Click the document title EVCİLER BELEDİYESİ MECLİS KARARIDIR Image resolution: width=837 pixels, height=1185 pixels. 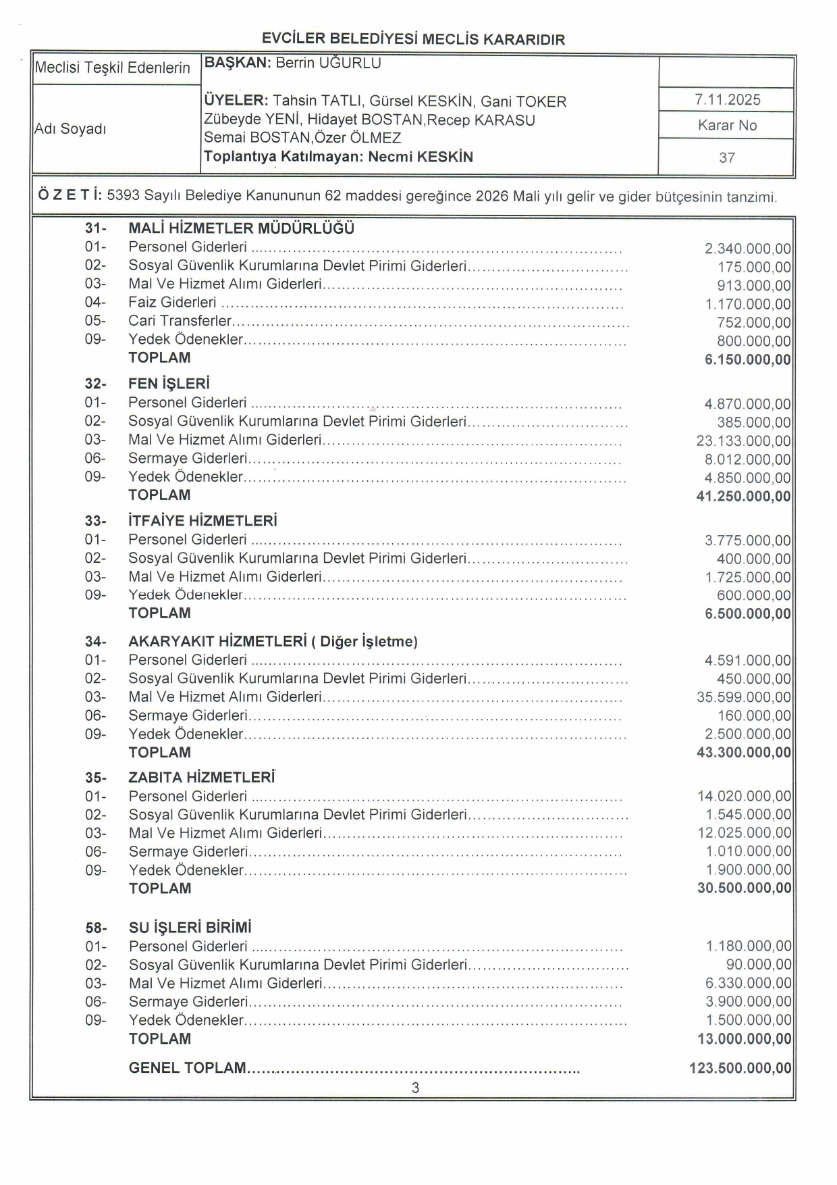pyautogui.click(x=413, y=39)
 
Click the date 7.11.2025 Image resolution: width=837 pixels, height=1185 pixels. pyautogui.click(x=727, y=100)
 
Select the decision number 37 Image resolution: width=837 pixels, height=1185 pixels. pyautogui.click(x=727, y=157)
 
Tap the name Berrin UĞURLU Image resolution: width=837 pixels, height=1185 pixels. pyautogui.click(x=328, y=64)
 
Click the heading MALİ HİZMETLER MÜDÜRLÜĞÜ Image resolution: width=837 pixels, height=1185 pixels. pyautogui.click(x=241, y=228)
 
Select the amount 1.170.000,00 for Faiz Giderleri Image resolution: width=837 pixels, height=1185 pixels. pyautogui.click(x=748, y=305)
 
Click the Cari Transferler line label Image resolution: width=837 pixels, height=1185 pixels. pyautogui.click(x=180, y=321)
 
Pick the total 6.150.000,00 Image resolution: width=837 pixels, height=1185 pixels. pyautogui.click(x=747, y=359)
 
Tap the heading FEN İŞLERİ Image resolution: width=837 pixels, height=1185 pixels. pyautogui.click(x=169, y=384)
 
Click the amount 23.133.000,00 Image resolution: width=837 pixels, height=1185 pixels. pyautogui.click(x=743, y=441)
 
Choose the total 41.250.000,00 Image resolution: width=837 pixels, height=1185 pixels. pyautogui.click(x=743, y=497)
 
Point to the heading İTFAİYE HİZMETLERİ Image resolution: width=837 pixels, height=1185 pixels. pyautogui.click(x=202, y=521)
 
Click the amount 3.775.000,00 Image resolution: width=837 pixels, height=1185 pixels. pyautogui.click(x=747, y=541)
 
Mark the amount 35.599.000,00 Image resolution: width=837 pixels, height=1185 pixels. pyautogui.click(x=743, y=697)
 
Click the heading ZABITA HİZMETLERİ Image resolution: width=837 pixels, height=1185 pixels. pyautogui.click(x=201, y=778)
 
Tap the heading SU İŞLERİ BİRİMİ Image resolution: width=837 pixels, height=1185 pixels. pyautogui.click(x=190, y=928)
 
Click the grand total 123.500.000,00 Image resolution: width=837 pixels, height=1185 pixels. pyautogui.click(x=740, y=1068)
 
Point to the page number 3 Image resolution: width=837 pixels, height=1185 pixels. pyautogui.click(x=415, y=1088)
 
